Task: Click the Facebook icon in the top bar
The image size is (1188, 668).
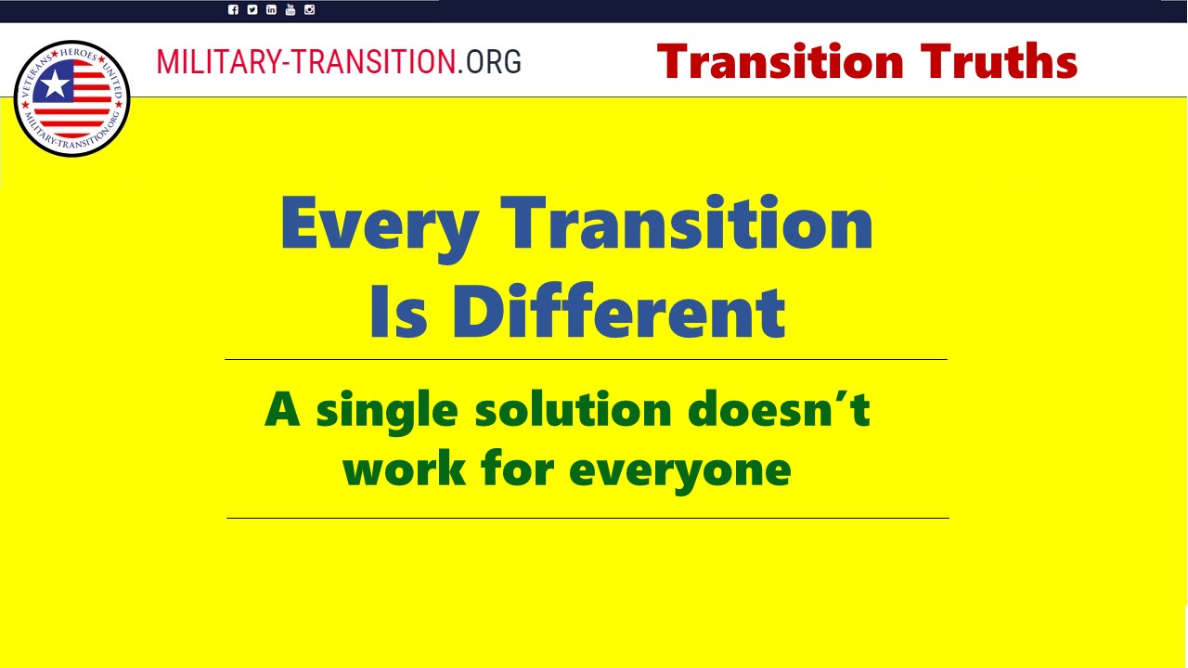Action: click(x=233, y=9)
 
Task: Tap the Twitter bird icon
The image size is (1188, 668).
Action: click(x=252, y=9)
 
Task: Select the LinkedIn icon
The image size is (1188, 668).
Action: click(x=271, y=9)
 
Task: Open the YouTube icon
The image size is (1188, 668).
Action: click(x=291, y=9)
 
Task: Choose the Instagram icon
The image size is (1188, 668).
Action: click(x=309, y=9)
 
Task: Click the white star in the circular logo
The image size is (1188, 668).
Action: click(x=55, y=83)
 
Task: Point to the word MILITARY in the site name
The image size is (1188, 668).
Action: click(x=219, y=61)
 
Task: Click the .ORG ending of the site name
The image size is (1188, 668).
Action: click(x=489, y=61)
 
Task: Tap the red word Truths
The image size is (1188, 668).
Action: click(x=999, y=61)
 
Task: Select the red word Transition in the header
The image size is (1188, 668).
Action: click(x=781, y=61)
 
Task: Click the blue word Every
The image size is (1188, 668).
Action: click(x=380, y=228)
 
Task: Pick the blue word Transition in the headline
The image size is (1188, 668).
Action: click(x=686, y=223)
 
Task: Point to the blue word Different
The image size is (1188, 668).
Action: click(x=618, y=310)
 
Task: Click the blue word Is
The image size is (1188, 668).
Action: click(x=399, y=312)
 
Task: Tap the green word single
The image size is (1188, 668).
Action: click(x=387, y=413)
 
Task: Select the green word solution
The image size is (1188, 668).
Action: click(x=574, y=409)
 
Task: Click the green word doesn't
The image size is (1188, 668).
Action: click(x=779, y=409)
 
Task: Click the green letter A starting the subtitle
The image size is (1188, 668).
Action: click(x=283, y=409)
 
